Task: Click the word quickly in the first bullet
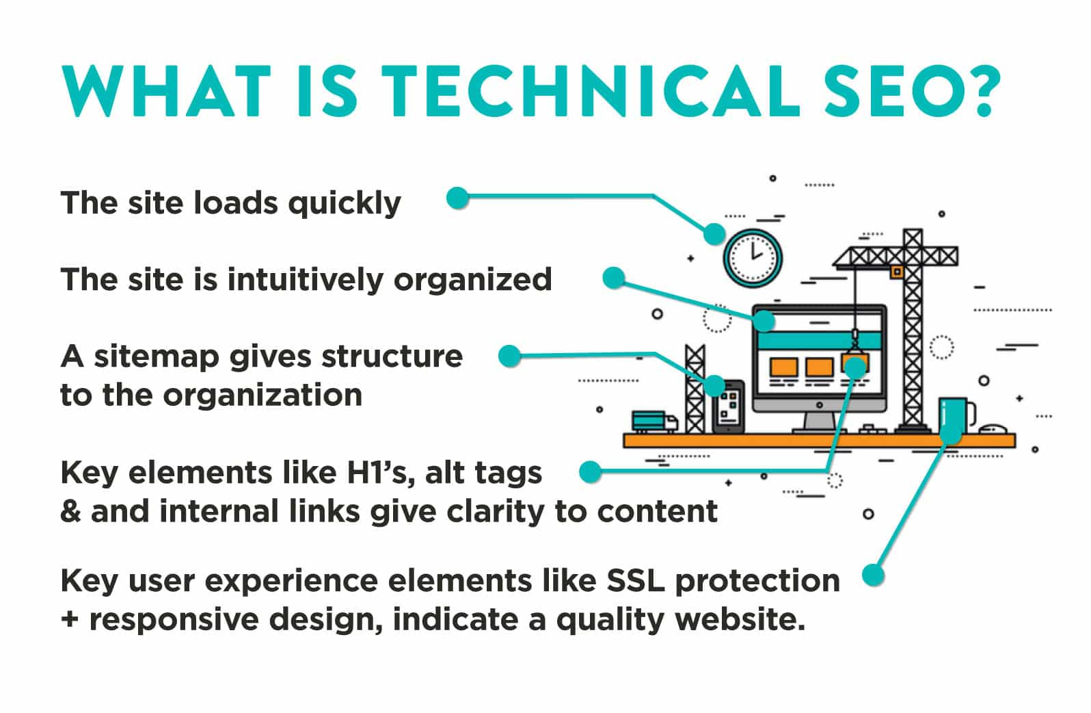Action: coord(344,204)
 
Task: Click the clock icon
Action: coord(753,258)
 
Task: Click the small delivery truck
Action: coord(654,422)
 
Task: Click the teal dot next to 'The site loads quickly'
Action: coord(457,198)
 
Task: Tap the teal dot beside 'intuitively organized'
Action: coord(614,278)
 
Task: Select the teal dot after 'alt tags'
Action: coord(590,471)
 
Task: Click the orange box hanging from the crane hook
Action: coord(854,363)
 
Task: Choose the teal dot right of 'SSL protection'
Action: coord(872,574)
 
